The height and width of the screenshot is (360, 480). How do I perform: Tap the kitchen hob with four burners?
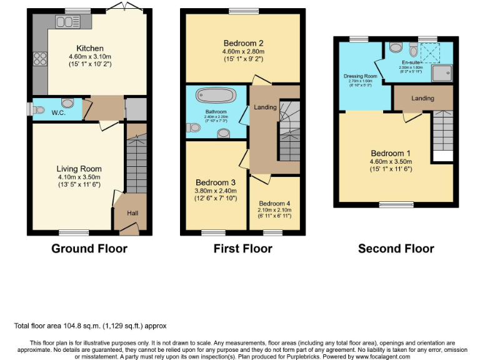click(41, 59)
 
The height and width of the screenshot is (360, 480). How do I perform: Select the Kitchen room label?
click(90, 48)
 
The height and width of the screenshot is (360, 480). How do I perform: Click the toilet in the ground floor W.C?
click(67, 104)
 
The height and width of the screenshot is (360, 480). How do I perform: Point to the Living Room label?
click(79, 169)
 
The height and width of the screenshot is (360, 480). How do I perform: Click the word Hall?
click(132, 213)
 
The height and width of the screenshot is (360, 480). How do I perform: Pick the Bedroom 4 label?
click(275, 203)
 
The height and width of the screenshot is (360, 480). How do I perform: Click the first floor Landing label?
click(265, 107)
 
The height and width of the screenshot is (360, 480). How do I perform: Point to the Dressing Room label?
click(359, 76)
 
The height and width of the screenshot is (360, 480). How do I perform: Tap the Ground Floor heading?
click(89, 249)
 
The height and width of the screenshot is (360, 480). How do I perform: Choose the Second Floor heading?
click(396, 249)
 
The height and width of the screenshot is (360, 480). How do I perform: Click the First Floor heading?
click(242, 249)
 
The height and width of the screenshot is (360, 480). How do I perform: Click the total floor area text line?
click(90, 326)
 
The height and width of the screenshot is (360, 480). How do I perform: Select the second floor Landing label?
click(422, 99)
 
